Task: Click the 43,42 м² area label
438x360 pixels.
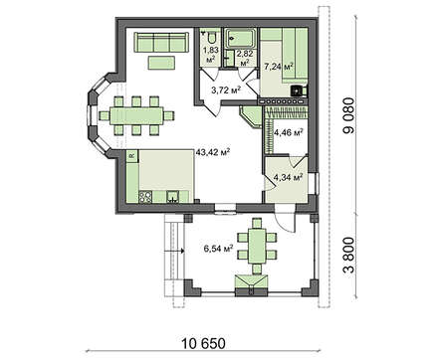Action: [x=213, y=153]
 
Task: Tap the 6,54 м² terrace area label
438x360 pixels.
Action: [x=218, y=249]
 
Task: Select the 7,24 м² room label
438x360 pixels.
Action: [x=278, y=67]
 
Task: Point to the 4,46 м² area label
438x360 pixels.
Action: [x=288, y=133]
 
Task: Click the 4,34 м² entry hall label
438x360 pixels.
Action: [x=288, y=177]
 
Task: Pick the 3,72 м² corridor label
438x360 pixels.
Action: [x=226, y=90]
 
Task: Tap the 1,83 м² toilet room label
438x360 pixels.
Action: [x=210, y=55]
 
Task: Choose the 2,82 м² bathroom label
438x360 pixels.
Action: [x=245, y=58]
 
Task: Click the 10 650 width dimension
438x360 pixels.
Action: [x=203, y=343]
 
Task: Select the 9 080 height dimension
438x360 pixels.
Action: [x=348, y=115]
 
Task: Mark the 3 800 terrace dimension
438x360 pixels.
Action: [x=348, y=256]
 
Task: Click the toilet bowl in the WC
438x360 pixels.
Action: [x=211, y=37]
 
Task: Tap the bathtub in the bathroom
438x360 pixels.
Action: [x=241, y=38]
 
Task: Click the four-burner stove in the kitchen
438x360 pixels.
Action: [x=145, y=197]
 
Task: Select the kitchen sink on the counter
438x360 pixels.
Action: [x=172, y=197]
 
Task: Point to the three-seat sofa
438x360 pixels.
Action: [x=161, y=42]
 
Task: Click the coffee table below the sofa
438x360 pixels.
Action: [x=161, y=63]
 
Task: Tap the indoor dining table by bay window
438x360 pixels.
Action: [x=136, y=115]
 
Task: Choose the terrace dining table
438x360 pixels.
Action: [x=257, y=246]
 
